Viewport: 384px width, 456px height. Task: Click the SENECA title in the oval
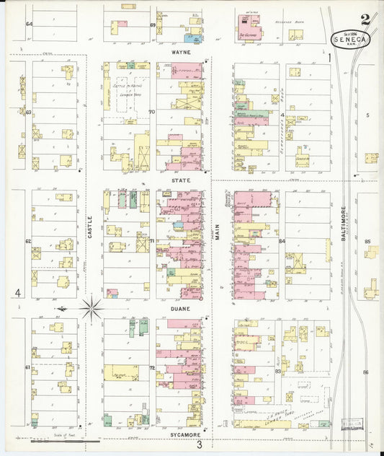[350, 40]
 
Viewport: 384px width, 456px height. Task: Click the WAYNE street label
[179, 53]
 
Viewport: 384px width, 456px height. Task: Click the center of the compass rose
[91, 309]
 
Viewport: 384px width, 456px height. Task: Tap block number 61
[28, 367]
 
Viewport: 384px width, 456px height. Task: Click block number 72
[152, 368]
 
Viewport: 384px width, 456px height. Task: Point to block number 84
[282, 240]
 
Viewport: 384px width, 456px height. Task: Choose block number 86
[366, 372]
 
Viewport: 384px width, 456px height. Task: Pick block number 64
[29, 24]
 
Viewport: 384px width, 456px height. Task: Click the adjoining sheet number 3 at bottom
[199, 445]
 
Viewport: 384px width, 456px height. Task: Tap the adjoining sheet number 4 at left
[17, 292]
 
